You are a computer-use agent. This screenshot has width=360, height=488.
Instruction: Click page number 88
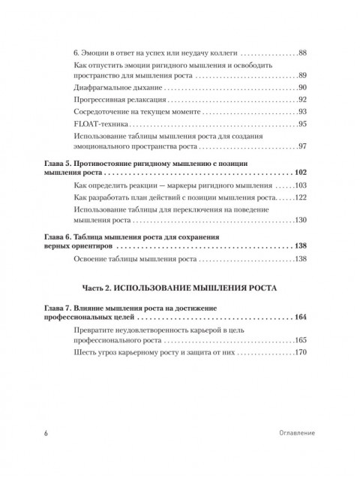[303, 53]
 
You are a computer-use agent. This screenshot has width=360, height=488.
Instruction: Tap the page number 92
[303, 100]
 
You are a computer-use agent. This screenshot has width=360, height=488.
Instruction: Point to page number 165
[301, 341]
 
